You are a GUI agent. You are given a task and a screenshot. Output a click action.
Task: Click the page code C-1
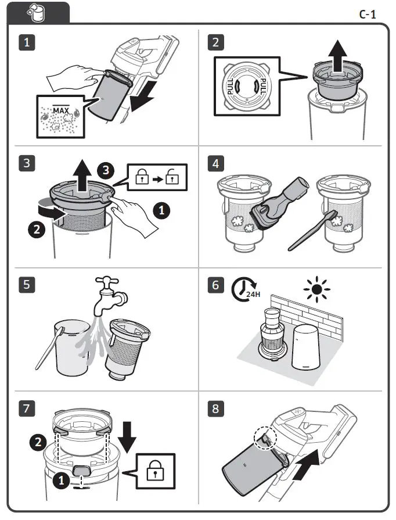[x=367, y=14]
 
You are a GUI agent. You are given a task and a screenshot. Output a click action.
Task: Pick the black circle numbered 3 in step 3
[x=104, y=170]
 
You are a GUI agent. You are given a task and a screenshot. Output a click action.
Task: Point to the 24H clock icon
[x=245, y=291]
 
